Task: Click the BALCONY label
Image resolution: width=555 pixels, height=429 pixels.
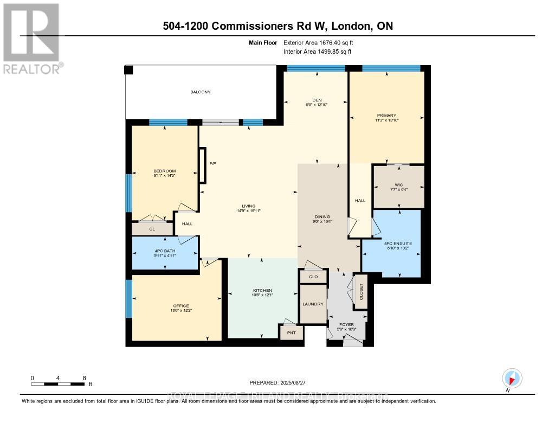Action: pyautogui.click(x=200, y=92)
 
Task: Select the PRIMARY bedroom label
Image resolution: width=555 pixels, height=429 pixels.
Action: pyautogui.click(x=386, y=116)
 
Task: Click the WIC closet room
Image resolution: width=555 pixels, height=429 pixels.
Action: pyautogui.click(x=399, y=187)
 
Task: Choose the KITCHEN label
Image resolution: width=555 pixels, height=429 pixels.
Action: pyautogui.click(x=262, y=291)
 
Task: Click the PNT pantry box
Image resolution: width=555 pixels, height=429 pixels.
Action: pyautogui.click(x=292, y=332)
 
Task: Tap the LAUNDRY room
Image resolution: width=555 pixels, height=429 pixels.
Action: pyautogui.click(x=313, y=304)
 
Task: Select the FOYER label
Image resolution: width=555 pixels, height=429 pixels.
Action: pyautogui.click(x=346, y=325)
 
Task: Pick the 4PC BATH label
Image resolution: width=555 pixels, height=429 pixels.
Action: pyautogui.click(x=165, y=251)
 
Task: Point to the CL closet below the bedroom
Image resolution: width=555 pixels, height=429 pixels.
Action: pyautogui.click(x=152, y=229)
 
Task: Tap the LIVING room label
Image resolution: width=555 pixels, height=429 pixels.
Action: pyautogui.click(x=249, y=206)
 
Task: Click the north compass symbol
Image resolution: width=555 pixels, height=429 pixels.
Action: pyautogui.click(x=512, y=378)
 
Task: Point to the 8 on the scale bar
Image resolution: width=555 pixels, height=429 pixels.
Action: pyautogui.click(x=84, y=377)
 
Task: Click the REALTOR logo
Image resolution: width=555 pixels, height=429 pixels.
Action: pyautogui.click(x=32, y=38)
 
